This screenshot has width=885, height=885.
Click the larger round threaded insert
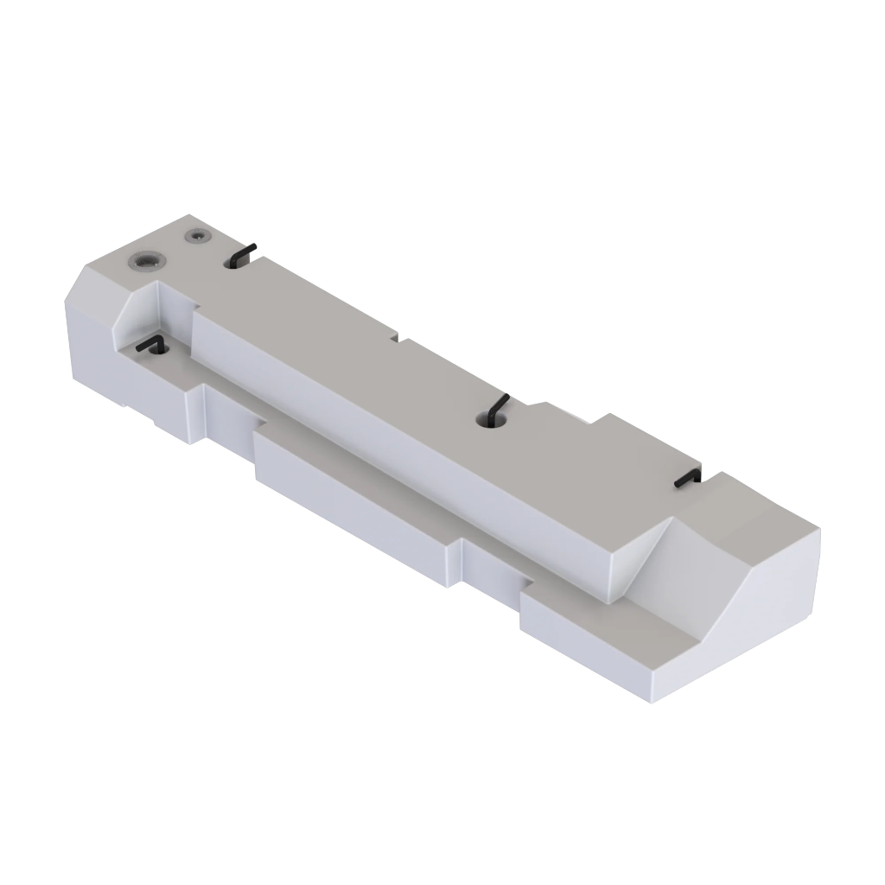pyautogui.click(x=144, y=259)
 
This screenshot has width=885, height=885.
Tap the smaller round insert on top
pyautogui.click(x=199, y=235)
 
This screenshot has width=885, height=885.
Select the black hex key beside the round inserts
pyautogui.click(x=244, y=253)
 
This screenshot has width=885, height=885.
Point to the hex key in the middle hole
pyautogui.click(x=496, y=408)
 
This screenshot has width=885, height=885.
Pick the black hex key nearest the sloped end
pyautogui.click(x=688, y=478)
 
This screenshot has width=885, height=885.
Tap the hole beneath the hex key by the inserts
pyautogui.click(x=232, y=261)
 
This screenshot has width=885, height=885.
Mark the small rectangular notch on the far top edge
pyautogui.click(x=400, y=337)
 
